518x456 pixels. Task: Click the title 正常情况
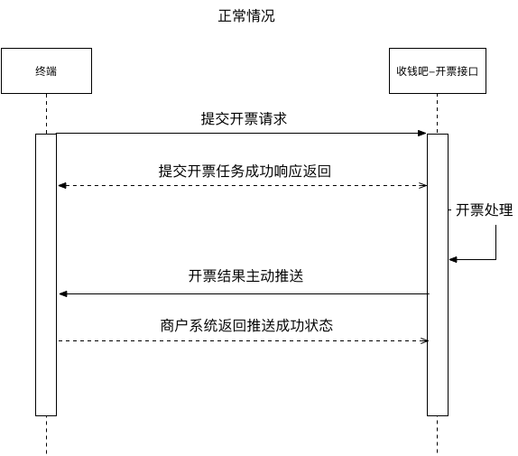pos(246,16)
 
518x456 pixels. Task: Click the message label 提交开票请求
pos(244,119)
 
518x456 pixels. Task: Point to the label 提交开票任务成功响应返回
pos(245,172)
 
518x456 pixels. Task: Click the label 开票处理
pos(485,209)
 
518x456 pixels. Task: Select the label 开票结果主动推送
pos(245,275)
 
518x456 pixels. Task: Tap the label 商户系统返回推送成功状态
pos(246,325)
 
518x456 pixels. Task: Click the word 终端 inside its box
pos(46,71)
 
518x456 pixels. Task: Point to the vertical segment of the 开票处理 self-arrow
pos(495,242)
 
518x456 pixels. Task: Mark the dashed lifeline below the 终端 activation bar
pos(46,435)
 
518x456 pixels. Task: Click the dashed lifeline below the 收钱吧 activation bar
pos(438,435)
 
